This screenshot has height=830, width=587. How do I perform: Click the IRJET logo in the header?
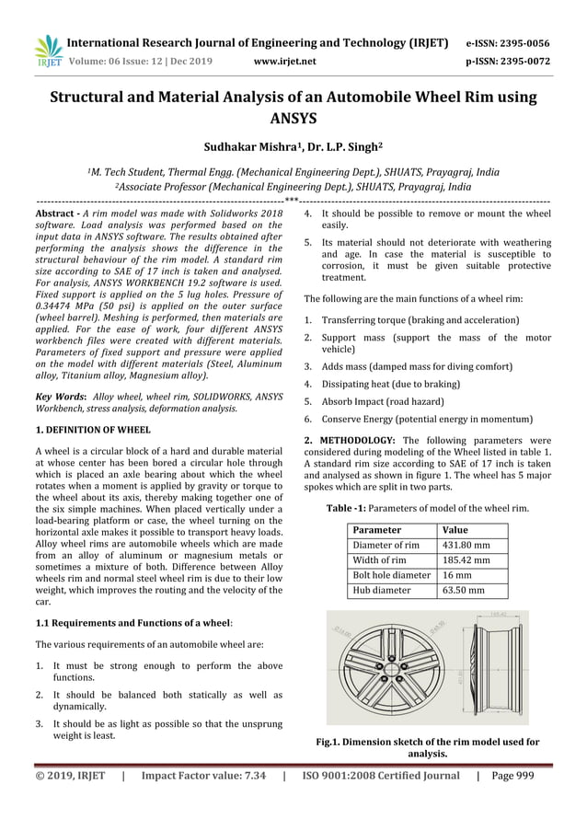coord(47,51)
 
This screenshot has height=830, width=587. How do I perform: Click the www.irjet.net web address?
coord(284,62)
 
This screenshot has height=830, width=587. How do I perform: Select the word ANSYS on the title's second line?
coord(293,118)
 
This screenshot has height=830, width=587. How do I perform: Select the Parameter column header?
coord(377,530)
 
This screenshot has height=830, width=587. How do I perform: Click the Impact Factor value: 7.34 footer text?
coord(203,776)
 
